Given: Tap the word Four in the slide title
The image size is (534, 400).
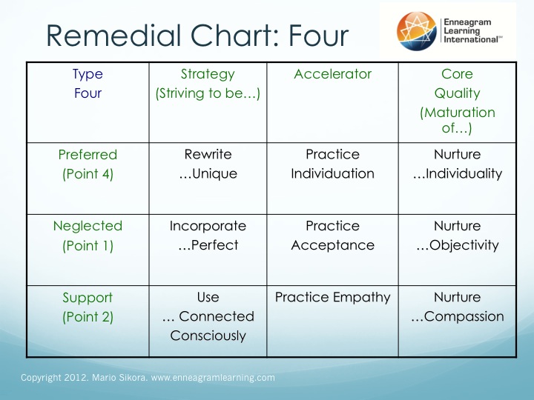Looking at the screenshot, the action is [x=318, y=36].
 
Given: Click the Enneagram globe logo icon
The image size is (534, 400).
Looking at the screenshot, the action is [x=417, y=31].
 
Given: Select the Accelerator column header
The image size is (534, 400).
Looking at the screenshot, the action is [x=332, y=74].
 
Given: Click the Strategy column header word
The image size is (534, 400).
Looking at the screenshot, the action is [x=208, y=75].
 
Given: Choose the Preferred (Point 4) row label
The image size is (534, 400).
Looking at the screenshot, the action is [x=88, y=164].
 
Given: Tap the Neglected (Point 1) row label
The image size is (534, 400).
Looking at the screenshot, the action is [x=88, y=236].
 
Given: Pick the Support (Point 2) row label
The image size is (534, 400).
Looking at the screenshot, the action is [x=88, y=307].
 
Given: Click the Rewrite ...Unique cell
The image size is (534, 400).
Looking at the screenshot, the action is [x=208, y=164].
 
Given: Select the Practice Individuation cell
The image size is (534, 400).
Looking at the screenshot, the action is [x=332, y=164].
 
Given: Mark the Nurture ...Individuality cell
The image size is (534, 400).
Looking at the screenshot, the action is [x=457, y=164].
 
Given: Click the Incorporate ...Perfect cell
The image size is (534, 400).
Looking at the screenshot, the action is [x=208, y=236].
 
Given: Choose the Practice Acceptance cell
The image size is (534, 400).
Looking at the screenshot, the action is [x=332, y=236].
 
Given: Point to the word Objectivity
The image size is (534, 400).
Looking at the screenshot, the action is [x=464, y=246].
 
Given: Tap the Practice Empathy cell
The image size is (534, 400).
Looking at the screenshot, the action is [x=332, y=298].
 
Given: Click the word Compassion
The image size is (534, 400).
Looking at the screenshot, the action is [x=464, y=317].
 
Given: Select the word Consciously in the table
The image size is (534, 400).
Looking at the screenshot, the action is [x=208, y=336].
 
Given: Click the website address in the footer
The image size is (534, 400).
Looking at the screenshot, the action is [x=213, y=378].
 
